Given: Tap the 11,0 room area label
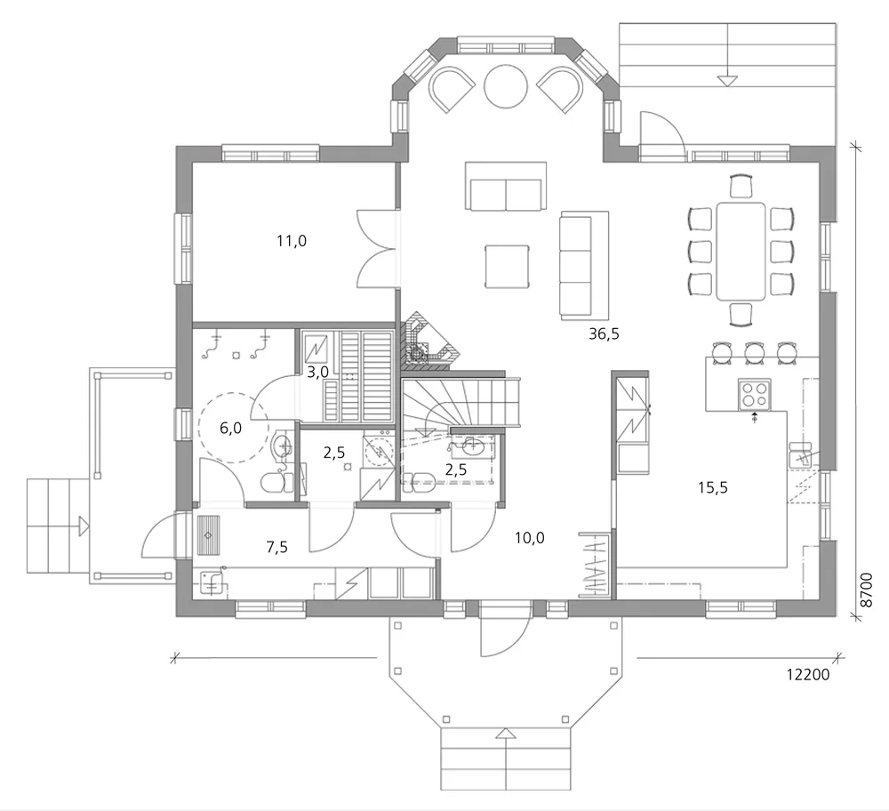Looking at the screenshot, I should [292, 240].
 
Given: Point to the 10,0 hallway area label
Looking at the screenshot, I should [529, 536].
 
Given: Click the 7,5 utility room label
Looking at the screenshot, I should [277, 547].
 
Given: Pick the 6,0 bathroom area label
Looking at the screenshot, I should [230, 428].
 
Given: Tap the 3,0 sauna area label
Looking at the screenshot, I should [317, 373].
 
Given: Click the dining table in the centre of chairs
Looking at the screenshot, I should [741, 251].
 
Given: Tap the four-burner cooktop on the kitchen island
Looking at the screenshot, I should [755, 392].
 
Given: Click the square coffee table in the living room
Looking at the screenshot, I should [507, 266].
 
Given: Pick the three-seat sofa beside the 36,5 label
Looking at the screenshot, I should [584, 265].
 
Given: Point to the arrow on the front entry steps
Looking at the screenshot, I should [505, 734].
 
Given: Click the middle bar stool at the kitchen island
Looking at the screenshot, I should [755, 352].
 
